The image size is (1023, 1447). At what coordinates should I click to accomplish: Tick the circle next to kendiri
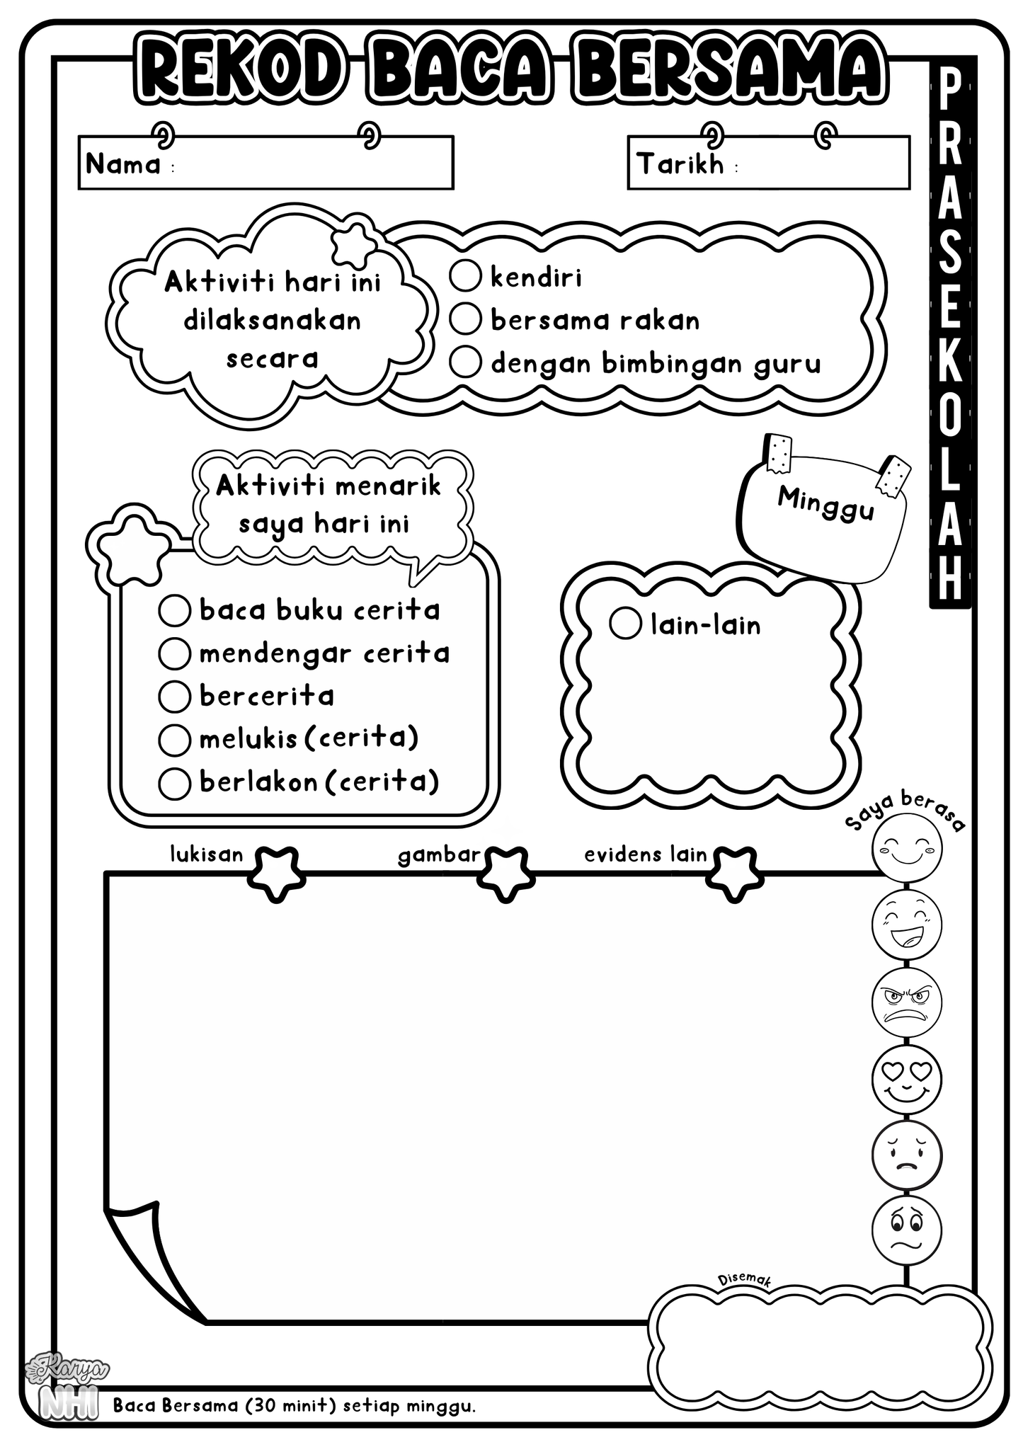pos(465,276)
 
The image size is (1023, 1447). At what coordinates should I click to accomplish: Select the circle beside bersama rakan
pos(465,319)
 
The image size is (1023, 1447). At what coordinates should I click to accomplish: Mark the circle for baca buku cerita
pos(174,610)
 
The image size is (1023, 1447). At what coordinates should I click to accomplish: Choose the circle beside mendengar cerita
pos(174,653)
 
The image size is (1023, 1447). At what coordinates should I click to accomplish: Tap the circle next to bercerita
pos(174,697)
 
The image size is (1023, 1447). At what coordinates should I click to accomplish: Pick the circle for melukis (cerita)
pos(174,740)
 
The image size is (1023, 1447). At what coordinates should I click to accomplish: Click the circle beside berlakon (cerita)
pos(174,783)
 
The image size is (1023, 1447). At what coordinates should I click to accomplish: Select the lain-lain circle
pos(625,623)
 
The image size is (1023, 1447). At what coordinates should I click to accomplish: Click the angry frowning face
pos(907,1002)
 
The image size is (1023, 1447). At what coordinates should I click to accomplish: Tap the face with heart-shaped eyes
pos(907,1079)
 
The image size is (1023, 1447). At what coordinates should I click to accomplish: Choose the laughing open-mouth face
pos(907,924)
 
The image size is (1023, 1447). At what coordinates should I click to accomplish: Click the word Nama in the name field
pos(123,164)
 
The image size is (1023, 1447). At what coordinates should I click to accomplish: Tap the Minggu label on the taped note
pos(825,504)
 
